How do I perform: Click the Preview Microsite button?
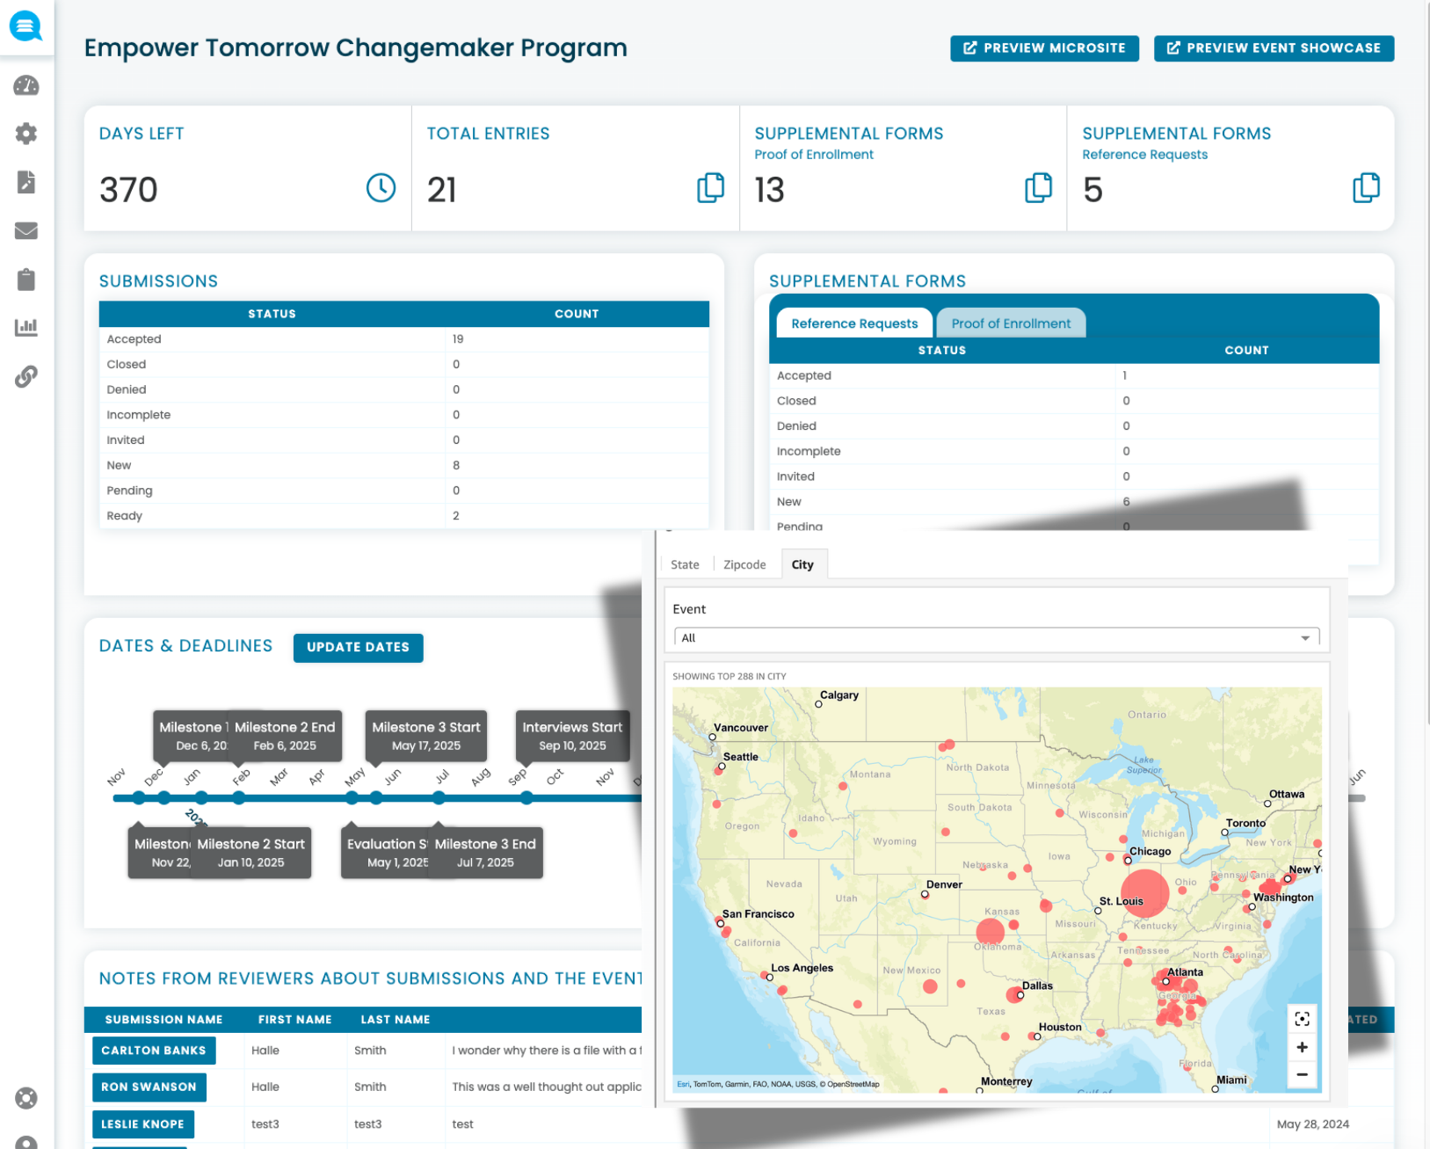[x=1044, y=48]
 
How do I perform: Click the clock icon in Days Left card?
[x=381, y=187]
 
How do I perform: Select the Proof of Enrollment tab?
[x=1011, y=324]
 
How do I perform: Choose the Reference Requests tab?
[x=853, y=324]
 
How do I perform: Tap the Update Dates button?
[x=358, y=647]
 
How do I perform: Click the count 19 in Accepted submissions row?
[x=458, y=339]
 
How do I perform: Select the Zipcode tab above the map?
[x=744, y=564]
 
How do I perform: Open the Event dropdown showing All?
[x=996, y=638]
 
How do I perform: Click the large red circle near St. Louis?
[x=1144, y=892]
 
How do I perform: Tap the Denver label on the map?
[x=944, y=884]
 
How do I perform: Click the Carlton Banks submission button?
[x=154, y=1051]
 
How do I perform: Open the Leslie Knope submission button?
[x=142, y=1124]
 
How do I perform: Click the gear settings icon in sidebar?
[x=26, y=134]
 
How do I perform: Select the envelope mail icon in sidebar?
[x=26, y=231]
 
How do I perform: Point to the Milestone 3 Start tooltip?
[x=426, y=736]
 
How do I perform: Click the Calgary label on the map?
[x=838, y=694]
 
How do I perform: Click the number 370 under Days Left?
[x=128, y=190]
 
